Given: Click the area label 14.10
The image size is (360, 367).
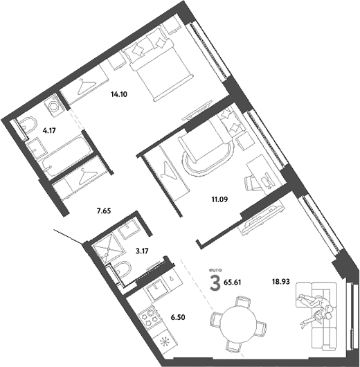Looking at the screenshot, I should pos(119,96).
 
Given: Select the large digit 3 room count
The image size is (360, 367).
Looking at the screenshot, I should pos(217,282).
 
